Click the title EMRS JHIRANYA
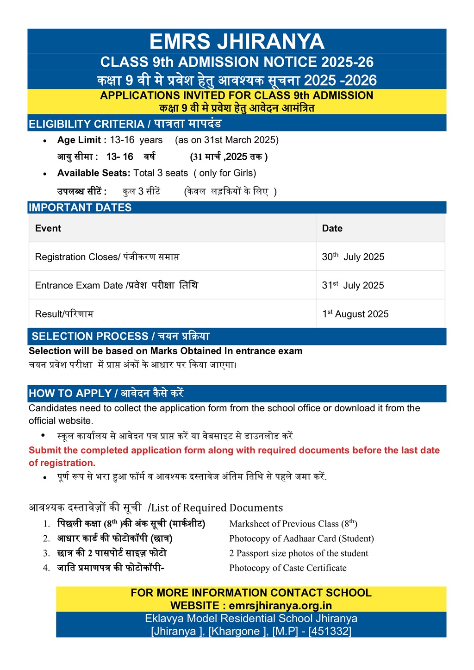[237, 42]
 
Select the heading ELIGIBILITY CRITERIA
[87, 124]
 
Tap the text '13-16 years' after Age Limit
[136, 140]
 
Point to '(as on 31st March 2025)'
[227, 140]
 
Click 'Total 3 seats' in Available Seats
[161, 173]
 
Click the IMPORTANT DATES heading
[80, 207]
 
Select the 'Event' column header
[48, 228]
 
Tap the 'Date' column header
[332, 228]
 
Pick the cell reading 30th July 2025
[353, 257]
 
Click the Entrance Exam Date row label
[79, 286]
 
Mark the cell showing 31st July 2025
[353, 286]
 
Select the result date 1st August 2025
[355, 314]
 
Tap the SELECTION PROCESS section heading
[90, 337]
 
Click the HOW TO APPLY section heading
[70, 394]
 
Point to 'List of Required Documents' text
[217, 508]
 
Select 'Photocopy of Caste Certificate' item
[288, 568]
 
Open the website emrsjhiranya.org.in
[281, 606]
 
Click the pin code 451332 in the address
[330, 631]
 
